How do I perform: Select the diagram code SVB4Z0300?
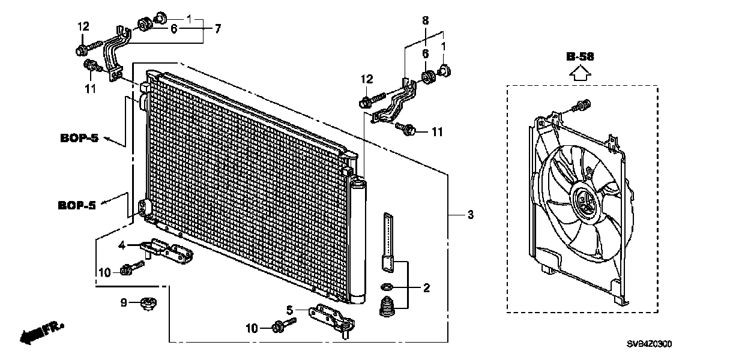(650, 344)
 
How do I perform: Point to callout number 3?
(471, 215)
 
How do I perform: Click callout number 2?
(426, 289)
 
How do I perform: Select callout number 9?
(124, 303)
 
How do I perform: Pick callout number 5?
(289, 310)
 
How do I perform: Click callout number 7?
(217, 28)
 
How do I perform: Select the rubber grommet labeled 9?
(147, 304)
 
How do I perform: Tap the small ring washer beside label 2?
(388, 286)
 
